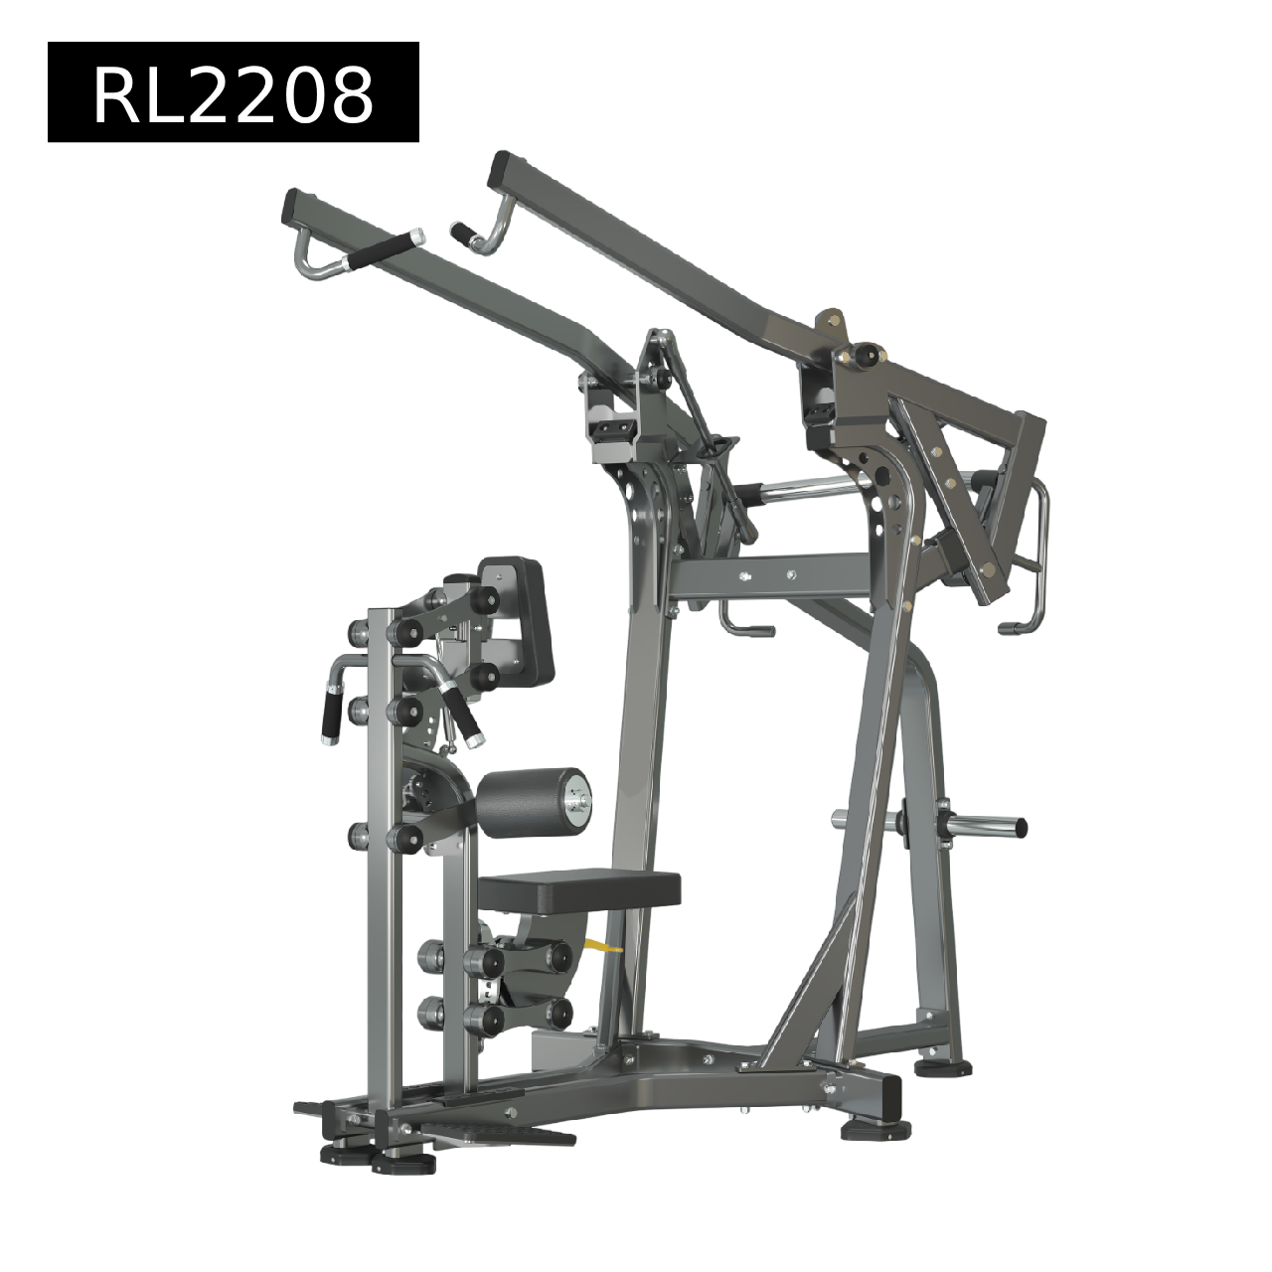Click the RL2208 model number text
coord(234,97)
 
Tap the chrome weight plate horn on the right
coord(984,826)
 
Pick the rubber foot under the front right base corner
coord(874,1131)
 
